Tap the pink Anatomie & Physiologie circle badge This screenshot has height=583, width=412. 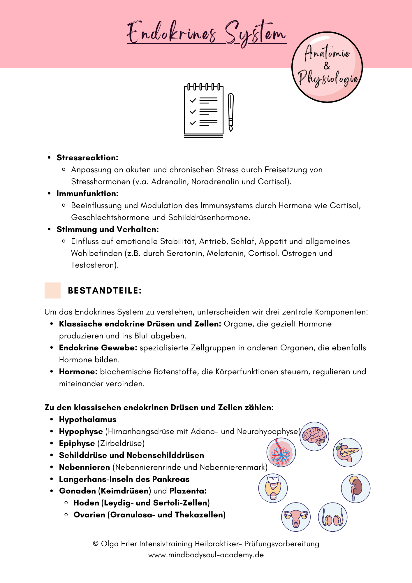pyautogui.click(x=327, y=67)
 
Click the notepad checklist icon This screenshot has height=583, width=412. pyautogui.click(x=204, y=111)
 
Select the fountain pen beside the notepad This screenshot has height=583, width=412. pyautogui.click(x=231, y=112)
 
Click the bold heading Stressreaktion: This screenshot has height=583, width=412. pyautogui.click(x=87, y=158)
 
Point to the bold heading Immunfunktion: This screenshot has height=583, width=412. pyautogui.click(x=87, y=194)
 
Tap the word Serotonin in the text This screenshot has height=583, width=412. pyautogui.click(x=185, y=253)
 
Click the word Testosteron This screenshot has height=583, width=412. pyautogui.click(x=94, y=265)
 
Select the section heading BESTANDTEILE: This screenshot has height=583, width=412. pyautogui.click(x=105, y=291)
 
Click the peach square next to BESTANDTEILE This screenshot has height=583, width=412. pyautogui.click(x=52, y=290)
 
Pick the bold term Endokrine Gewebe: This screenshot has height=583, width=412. pyautogui.click(x=98, y=348)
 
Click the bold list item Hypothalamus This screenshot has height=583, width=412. pyautogui.click(x=88, y=419)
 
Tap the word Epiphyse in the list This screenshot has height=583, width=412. pyautogui.click(x=77, y=443)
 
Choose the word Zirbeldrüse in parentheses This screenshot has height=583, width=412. pyautogui.click(x=121, y=443)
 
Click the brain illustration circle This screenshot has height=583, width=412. pyautogui.click(x=314, y=436)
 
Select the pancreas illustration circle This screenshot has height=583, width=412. pyautogui.click(x=347, y=452)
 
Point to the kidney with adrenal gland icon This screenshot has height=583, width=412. pyautogui.click(x=355, y=488)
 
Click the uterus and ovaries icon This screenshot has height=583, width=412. pyautogui.click(x=296, y=517)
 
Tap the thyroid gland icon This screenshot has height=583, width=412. pyautogui.click(x=273, y=488)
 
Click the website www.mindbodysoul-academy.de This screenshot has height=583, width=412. pyautogui.click(x=206, y=555)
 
